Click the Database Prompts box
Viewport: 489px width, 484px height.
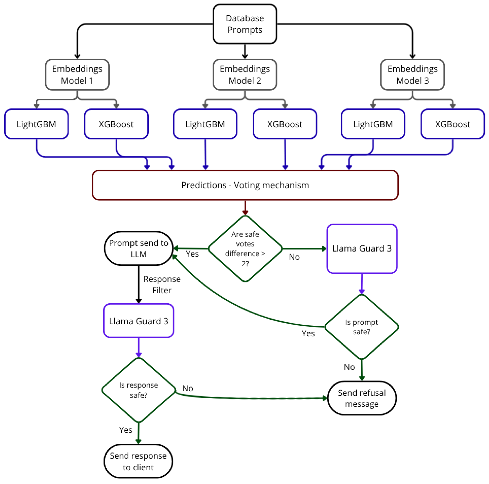click(x=245, y=24)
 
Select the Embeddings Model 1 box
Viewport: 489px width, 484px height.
click(x=77, y=75)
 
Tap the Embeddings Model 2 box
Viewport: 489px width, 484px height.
click(x=245, y=75)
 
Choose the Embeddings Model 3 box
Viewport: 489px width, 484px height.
click(x=413, y=75)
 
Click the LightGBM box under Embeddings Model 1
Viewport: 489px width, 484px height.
click(x=36, y=124)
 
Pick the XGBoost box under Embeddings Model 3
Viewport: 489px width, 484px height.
click(x=453, y=124)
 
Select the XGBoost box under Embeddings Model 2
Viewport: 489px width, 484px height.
click(x=285, y=124)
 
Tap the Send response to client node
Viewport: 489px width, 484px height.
click(x=138, y=461)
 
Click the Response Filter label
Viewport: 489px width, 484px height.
click(x=162, y=285)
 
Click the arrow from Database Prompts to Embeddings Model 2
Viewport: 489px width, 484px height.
click(x=245, y=51)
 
